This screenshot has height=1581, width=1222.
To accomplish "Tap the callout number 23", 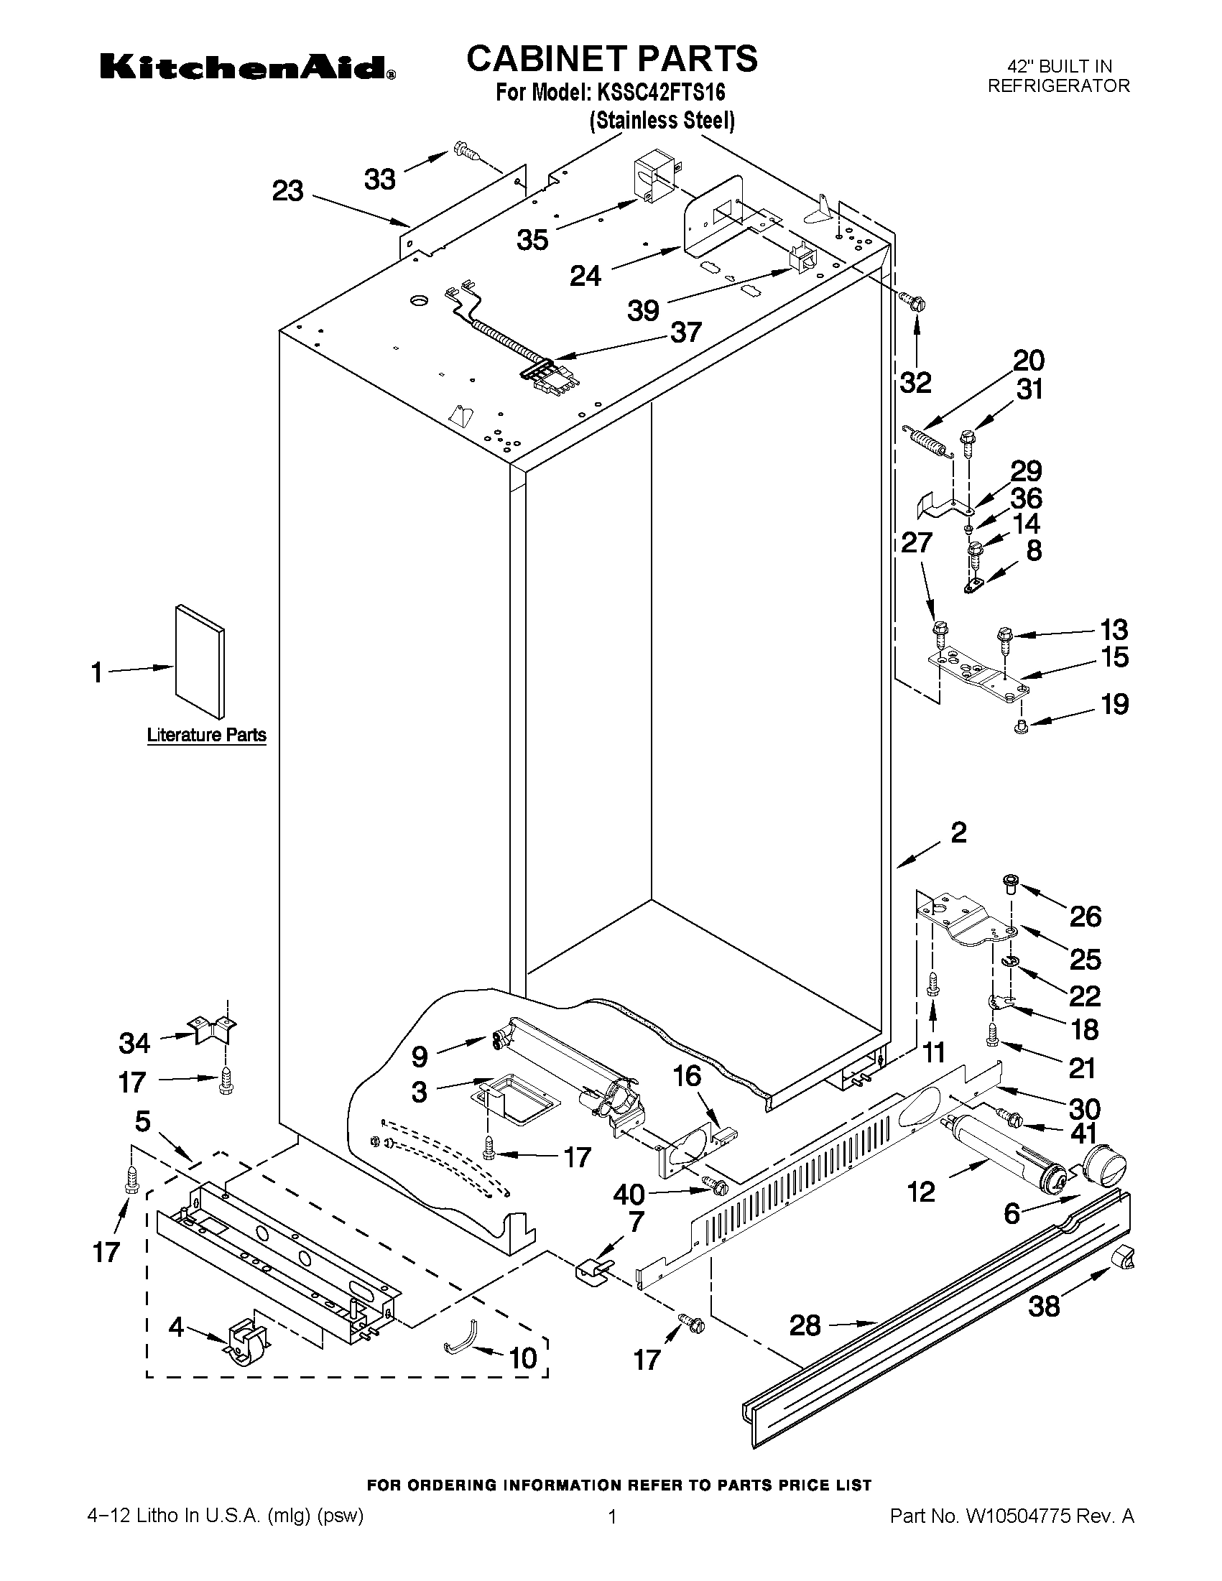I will (287, 192).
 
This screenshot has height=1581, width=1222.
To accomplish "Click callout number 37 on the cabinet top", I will (685, 333).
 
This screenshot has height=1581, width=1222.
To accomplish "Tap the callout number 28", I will (805, 1325).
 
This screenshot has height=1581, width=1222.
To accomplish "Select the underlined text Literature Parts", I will (206, 736).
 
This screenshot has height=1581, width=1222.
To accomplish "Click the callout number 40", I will (629, 1194).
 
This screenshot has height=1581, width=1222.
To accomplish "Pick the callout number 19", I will (1114, 704).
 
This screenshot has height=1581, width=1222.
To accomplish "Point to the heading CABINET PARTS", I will (612, 58).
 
